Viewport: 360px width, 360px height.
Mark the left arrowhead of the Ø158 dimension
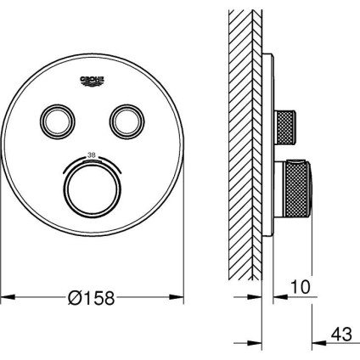pyautogui.click(x=5, y=298)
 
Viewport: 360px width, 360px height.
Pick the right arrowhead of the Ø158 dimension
pyautogui.click(x=179, y=298)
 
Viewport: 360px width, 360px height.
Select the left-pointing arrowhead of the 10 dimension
pyautogui.click(x=276, y=298)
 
